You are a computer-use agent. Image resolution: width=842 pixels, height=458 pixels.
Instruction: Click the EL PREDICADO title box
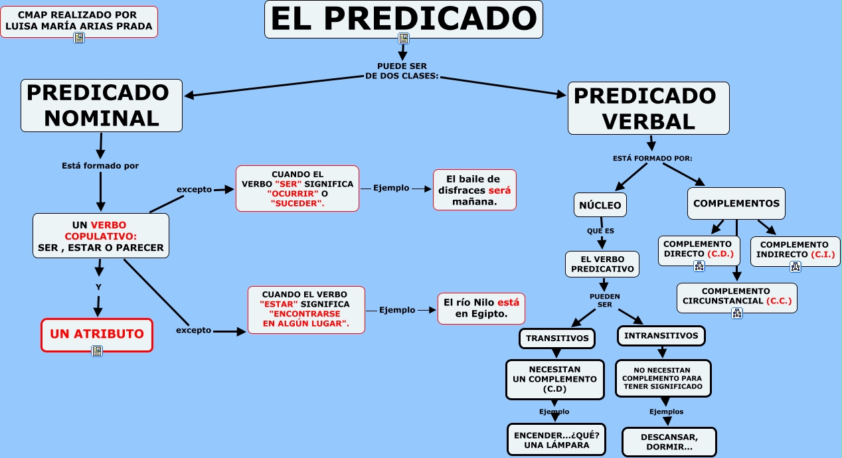403,19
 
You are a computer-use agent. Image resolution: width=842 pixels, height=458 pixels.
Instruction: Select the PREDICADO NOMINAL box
102,106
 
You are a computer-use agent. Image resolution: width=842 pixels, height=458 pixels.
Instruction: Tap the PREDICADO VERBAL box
648,108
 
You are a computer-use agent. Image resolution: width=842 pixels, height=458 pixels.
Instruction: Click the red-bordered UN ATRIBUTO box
97,335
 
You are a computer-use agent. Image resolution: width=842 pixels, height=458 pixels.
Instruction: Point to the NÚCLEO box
600,205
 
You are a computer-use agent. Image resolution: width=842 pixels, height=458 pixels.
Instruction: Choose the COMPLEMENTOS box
736,204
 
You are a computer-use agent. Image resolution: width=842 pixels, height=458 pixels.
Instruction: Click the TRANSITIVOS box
557,338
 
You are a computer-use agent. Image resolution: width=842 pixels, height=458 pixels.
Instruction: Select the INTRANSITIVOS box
661,336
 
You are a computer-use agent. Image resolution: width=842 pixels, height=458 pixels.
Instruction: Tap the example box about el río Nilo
481,308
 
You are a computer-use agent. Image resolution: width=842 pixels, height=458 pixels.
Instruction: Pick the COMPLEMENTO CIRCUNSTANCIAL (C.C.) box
736,296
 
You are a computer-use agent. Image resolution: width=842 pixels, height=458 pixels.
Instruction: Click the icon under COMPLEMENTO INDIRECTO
796,267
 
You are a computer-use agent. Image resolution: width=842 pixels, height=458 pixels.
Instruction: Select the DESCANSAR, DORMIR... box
669,442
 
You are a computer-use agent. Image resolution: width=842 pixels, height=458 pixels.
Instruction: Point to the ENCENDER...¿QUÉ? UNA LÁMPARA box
556,439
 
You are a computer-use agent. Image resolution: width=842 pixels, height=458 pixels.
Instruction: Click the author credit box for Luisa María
78,21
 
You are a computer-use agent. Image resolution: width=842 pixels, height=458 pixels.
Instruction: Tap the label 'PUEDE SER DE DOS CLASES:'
402,71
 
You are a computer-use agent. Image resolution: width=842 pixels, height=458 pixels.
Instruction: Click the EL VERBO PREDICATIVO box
602,264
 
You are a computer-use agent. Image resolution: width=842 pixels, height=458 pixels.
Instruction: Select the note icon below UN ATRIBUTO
97,351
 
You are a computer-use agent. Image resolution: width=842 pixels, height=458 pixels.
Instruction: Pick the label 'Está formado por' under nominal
100,166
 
